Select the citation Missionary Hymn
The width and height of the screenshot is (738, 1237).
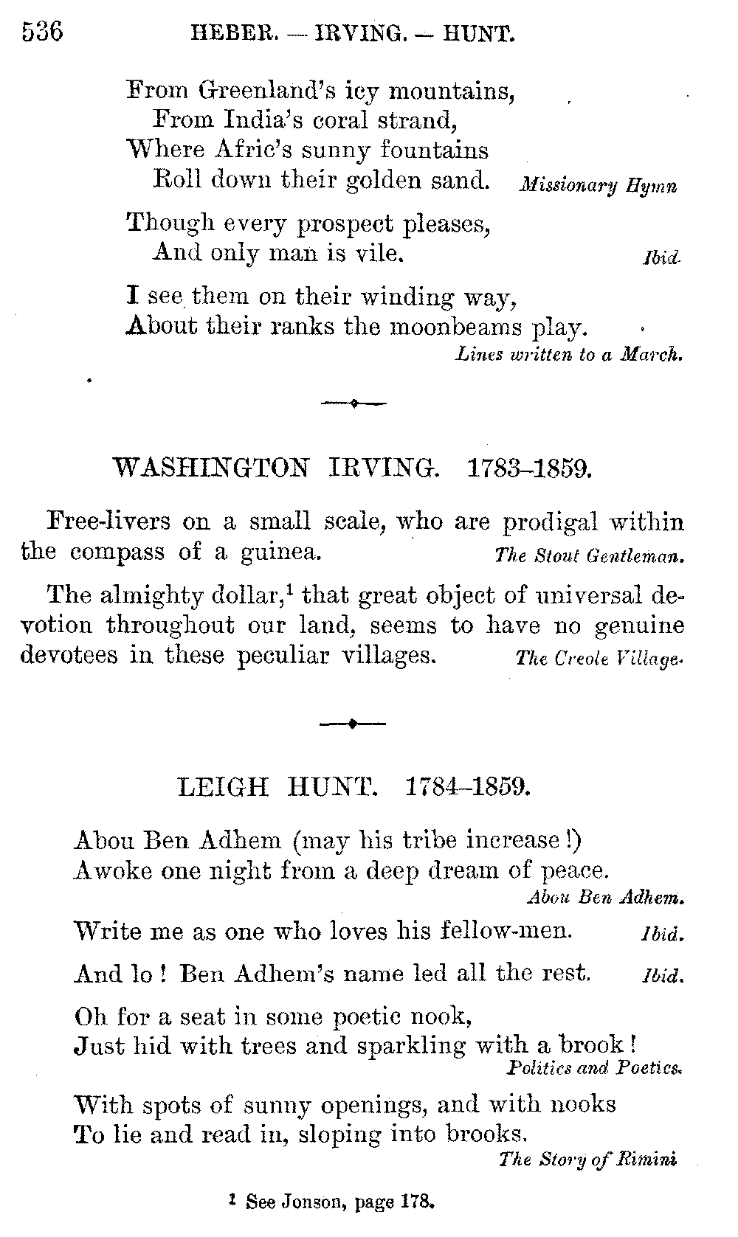coord(598,186)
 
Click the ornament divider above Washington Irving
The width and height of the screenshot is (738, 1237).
coord(354,403)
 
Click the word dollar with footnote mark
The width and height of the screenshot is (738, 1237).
coord(259,594)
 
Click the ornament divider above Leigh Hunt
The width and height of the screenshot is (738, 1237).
coord(353,724)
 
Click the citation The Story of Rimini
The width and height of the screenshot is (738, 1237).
coord(587,1159)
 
